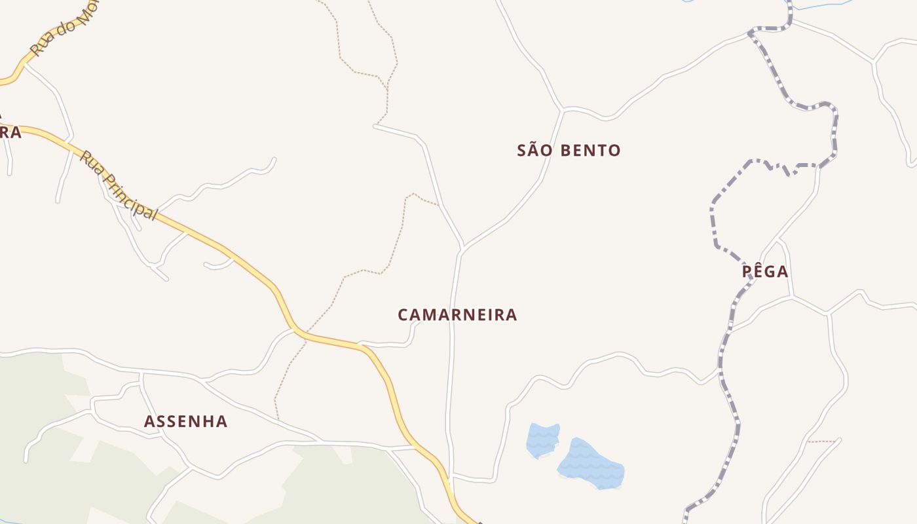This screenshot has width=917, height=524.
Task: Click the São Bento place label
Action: (x=569, y=151)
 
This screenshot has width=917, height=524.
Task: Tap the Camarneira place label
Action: (x=457, y=315)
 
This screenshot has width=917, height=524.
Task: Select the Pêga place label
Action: (x=765, y=272)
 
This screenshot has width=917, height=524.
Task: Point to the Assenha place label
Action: (x=185, y=422)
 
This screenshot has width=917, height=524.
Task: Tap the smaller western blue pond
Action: (x=543, y=440)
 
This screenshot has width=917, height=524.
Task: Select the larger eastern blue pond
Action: (x=591, y=464)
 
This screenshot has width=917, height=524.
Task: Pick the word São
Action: (x=531, y=151)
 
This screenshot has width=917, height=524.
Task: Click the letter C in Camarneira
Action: (x=403, y=315)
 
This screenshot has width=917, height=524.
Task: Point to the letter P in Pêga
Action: (x=747, y=272)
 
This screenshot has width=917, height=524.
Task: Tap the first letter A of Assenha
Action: (x=149, y=422)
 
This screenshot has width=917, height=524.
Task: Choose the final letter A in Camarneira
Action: (x=512, y=315)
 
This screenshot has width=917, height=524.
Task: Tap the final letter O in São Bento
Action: (x=614, y=151)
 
